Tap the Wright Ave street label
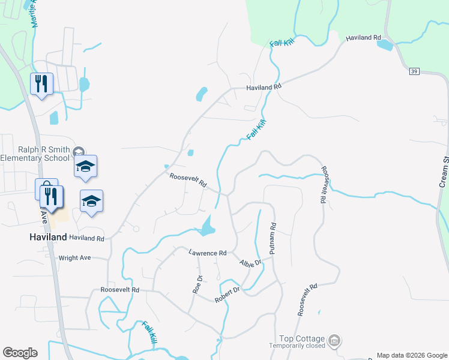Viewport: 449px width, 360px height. [74, 258]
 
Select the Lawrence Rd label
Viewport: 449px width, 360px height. [207, 253]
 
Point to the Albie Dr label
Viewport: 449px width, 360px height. [251, 263]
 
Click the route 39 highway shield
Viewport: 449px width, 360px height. [414, 72]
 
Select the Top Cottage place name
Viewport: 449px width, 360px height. [302, 339]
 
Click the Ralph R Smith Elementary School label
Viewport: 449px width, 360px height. [36, 154]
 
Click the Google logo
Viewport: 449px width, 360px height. [20, 353]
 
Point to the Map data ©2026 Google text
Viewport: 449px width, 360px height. [411, 355]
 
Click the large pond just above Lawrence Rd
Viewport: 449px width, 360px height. [208, 227]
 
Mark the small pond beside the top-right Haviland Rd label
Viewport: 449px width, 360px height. [385, 46]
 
